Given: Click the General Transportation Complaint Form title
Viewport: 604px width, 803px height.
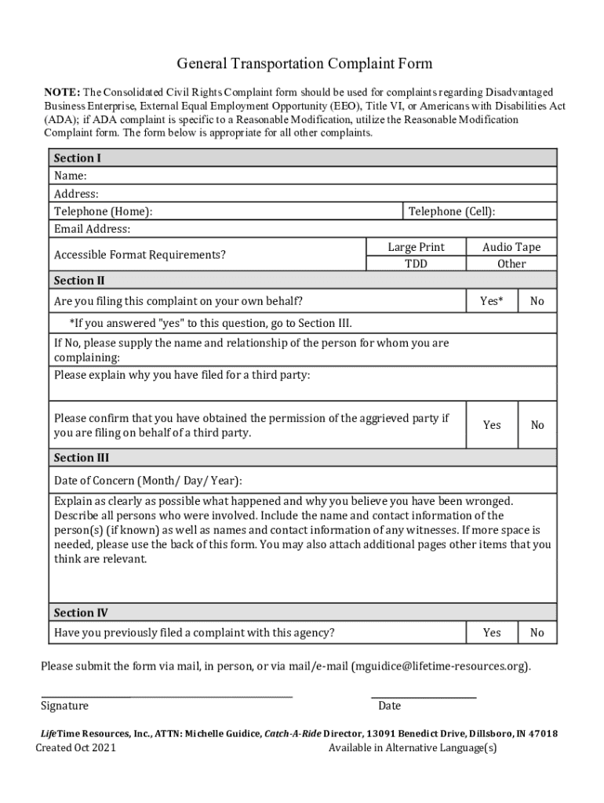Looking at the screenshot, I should [304, 64].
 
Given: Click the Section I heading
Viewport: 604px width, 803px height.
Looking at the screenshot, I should [77, 158].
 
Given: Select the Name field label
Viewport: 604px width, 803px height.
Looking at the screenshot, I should [70, 176].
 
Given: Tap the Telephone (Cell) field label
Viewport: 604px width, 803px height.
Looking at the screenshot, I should [451, 211].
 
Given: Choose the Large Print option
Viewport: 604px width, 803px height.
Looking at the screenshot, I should [416, 247].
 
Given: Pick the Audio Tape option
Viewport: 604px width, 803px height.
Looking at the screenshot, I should [511, 247].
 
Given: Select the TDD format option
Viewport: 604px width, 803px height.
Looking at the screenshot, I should [416, 263].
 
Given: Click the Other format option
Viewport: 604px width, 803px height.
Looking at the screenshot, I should [511, 263].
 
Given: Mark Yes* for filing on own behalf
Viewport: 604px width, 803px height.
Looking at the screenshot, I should [492, 301].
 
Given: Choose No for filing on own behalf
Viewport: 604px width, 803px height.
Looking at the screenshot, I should [537, 301].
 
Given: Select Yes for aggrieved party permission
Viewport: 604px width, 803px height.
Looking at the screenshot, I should [492, 425].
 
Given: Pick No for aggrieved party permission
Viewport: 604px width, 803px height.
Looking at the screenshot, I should [537, 425].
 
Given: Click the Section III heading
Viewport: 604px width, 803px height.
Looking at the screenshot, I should [81, 457].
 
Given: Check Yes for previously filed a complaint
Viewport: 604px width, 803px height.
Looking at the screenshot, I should [492, 632].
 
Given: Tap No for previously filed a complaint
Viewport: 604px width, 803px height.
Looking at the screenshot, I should [537, 632].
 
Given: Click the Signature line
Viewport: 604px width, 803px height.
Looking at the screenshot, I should [166, 694].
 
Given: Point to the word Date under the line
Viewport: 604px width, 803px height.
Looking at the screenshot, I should [389, 706].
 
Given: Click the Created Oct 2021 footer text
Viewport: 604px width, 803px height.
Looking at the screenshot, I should [76, 748].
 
